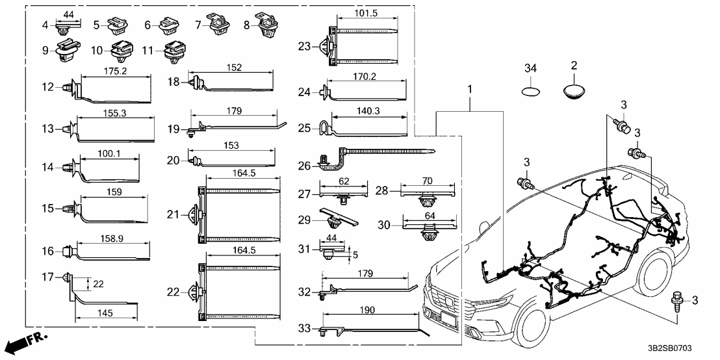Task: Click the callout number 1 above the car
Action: tap(469, 88)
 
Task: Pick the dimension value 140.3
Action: tap(368, 111)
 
